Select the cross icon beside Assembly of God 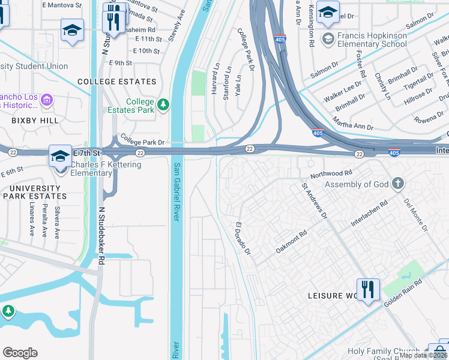[397, 184]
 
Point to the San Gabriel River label [176, 191]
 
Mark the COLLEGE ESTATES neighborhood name [116, 82]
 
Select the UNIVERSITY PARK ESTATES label [34, 192]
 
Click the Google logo [20, 352]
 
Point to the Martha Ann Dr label [353, 127]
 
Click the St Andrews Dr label [315, 202]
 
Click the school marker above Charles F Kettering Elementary [60, 155]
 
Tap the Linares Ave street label [32, 221]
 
